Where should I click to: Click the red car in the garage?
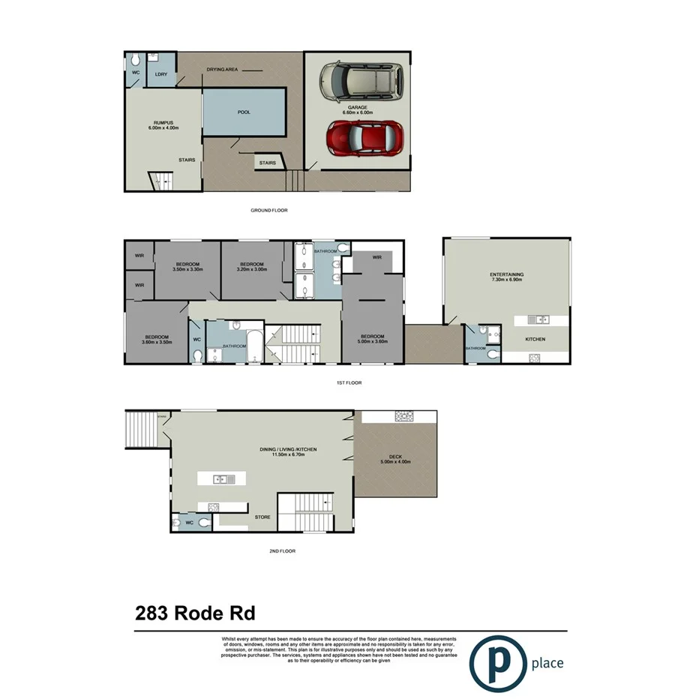pyautogui.click(x=364, y=139)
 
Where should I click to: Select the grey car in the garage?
pyautogui.click(x=361, y=82)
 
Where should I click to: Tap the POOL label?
pyautogui.click(x=244, y=112)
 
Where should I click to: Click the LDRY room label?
pyautogui.click(x=160, y=75)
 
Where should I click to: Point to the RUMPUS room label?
pyautogui.click(x=163, y=126)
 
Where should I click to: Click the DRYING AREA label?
pyautogui.click(x=222, y=70)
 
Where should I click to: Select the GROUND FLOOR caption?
pyautogui.click(x=268, y=211)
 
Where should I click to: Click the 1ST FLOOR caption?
pyautogui.click(x=349, y=382)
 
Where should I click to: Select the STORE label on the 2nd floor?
pyautogui.click(x=262, y=517)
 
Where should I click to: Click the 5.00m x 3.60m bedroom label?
pyautogui.click(x=372, y=339)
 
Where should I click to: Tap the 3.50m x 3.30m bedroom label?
pyautogui.click(x=187, y=267)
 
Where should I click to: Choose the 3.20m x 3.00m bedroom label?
pyautogui.click(x=251, y=267)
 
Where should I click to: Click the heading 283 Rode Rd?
pyautogui.click(x=195, y=613)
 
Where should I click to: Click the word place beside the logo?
pyautogui.click(x=547, y=663)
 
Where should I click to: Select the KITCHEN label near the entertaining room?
pyautogui.click(x=535, y=340)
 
